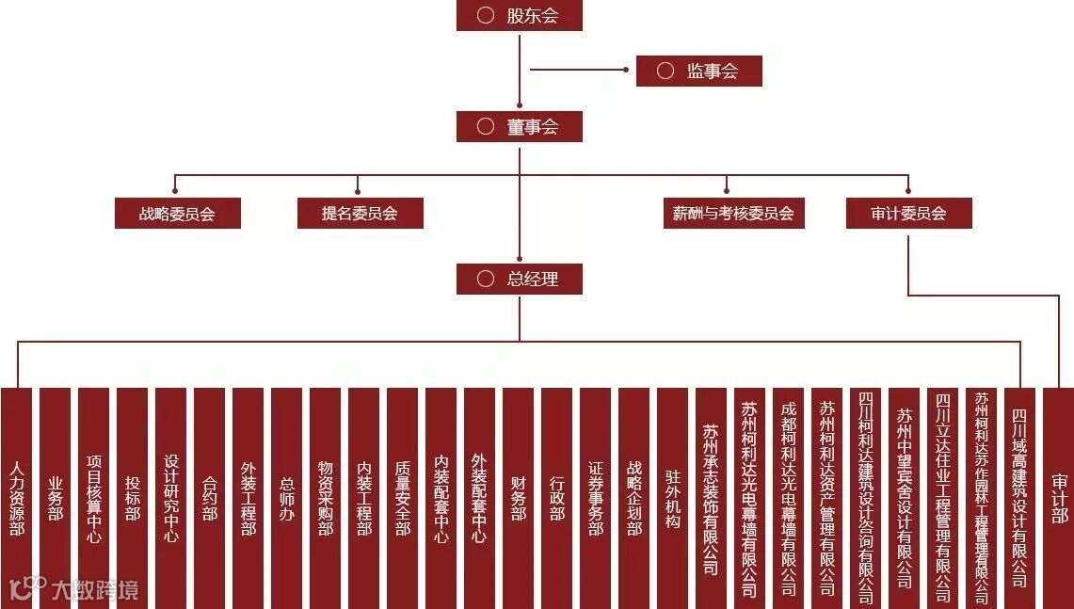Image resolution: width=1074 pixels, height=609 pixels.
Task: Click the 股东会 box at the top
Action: [x=520, y=15]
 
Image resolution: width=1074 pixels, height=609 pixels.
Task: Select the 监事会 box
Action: [x=698, y=71]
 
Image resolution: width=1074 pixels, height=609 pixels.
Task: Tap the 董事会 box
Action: [x=520, y=126]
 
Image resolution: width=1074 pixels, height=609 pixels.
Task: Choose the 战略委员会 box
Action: [x=177, y=213]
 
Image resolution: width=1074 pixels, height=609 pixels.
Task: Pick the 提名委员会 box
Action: [x=360, y=213]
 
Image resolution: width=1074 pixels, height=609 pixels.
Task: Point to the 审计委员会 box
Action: [x=908, y=213]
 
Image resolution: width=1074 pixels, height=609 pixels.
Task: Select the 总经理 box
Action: [x=520, y=279]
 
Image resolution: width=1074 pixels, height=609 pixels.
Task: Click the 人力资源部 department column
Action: [x=16, y=498]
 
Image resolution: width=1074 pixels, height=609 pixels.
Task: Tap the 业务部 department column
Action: [x=55, y=498]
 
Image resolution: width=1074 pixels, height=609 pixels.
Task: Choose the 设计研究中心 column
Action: [x=170, y=498]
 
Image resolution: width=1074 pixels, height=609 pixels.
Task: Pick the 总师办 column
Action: [x=286, y=498]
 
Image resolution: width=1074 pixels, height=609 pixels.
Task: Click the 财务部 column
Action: [x=518, y=498]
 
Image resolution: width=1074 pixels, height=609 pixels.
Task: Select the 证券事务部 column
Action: [x=595, y=498]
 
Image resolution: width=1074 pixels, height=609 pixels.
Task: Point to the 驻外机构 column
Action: [x=672, y=498]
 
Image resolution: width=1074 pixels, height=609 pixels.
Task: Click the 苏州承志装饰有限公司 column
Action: [x=711, y=498]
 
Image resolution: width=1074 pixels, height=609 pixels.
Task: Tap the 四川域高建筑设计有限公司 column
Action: [x=1019, y=498]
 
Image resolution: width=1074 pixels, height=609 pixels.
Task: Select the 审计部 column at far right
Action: [x=1058, y=498]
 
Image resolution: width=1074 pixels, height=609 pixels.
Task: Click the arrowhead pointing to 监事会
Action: [x=626, y=69]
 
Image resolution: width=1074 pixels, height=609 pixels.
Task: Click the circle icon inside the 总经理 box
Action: [x=486, y=279]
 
